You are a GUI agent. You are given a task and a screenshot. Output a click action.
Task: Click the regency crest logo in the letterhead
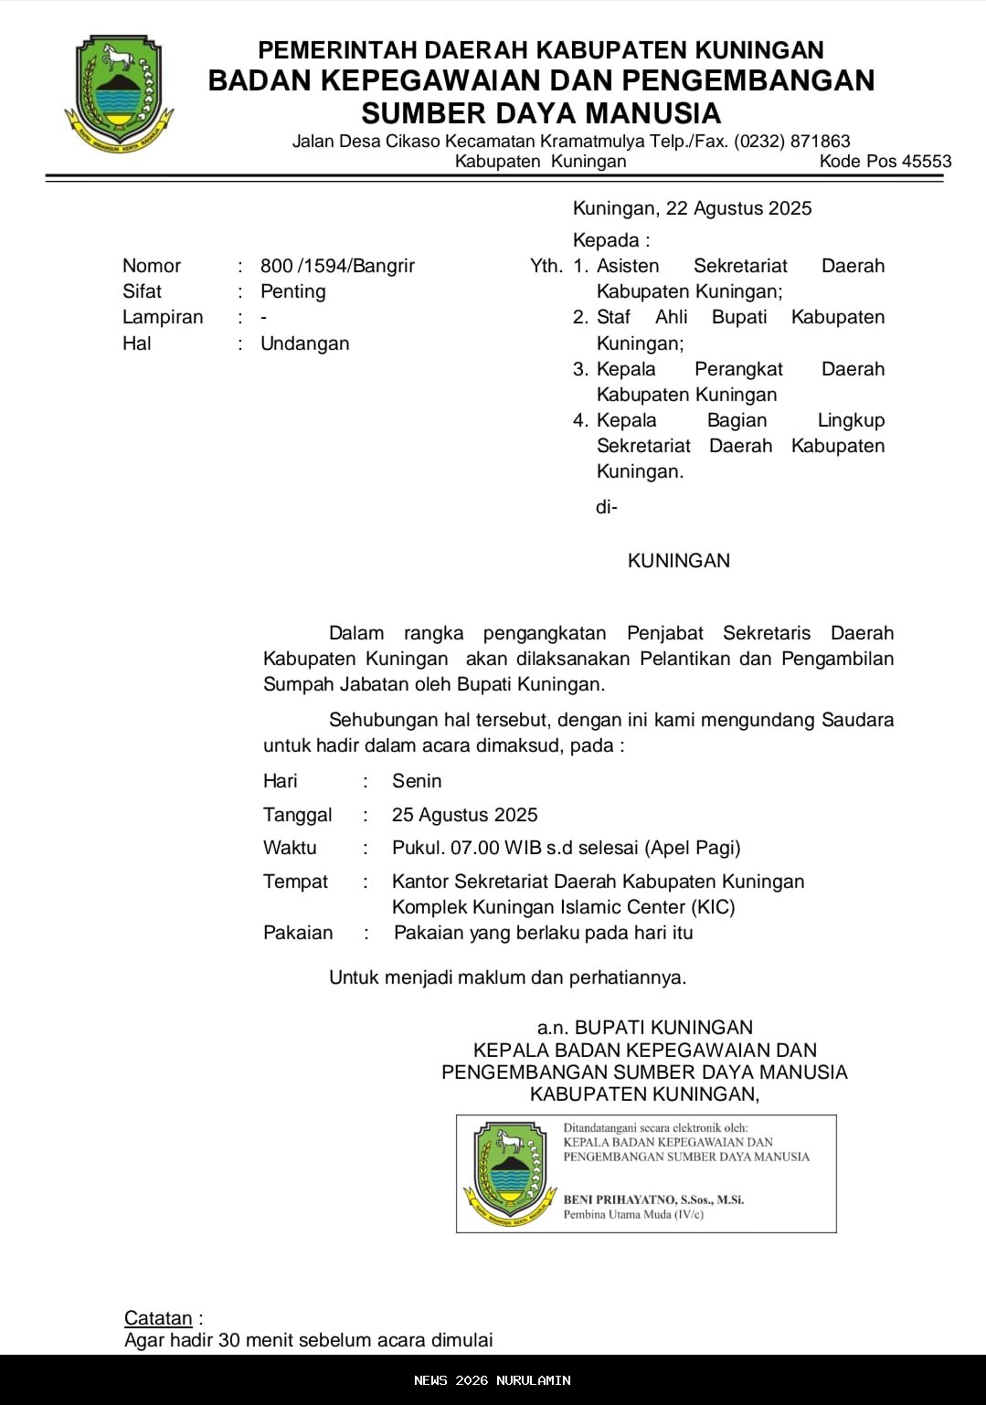click(119, 93)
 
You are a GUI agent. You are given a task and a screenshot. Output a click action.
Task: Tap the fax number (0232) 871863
click(792, 142)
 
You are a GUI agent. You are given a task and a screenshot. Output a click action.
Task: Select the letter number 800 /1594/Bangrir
click(337, 266)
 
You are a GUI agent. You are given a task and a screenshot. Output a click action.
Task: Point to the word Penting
click(292, 291)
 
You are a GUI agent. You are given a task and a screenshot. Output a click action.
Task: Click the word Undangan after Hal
click(304, 343)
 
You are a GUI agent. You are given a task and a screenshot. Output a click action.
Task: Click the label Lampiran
click(163, 317)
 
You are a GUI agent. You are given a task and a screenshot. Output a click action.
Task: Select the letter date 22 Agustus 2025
click(738, 208)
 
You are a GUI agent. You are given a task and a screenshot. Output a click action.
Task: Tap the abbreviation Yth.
click(546, 266)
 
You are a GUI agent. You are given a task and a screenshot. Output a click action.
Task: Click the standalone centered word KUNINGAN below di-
click(678, 561)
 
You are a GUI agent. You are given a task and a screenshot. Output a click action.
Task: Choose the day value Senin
click(417, 781)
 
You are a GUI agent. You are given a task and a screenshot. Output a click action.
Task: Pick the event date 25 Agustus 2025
click(464, 815)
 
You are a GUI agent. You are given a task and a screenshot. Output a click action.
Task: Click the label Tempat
click(295, 882)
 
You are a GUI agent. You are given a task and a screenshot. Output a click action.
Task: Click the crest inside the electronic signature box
click(510, 1174)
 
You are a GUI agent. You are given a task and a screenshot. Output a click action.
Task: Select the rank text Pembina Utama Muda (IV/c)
click(633, 1215)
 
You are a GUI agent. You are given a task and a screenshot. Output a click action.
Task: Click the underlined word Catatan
click(158, 1318)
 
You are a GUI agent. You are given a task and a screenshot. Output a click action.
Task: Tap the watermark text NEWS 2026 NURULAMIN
click(493, 1380)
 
